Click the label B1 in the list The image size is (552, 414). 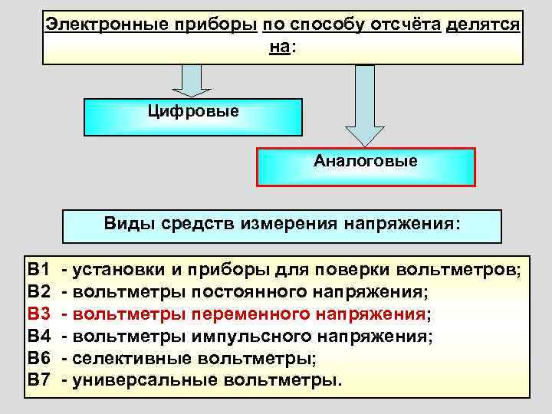pyautogui.click(x=38, y=270)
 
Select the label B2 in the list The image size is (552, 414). pyautogui.click(x=38, y=292)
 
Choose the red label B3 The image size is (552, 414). pyautogui.click(x=38, y=314)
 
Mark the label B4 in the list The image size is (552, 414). pyautogui.click(x=38, y=336)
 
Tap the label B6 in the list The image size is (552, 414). pyautogui.click(x=38, y=358)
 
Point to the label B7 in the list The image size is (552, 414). pyautogui.click(x=38, y=379)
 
